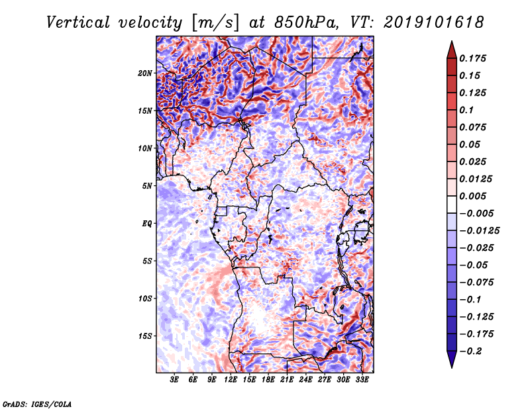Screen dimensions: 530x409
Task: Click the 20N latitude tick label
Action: pyautogui.click(x=145, y=73)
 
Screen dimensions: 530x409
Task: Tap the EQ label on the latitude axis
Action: pyautogui.click(x=146, y=224)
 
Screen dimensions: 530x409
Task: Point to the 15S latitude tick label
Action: pyautogui.click(x=145, y=336)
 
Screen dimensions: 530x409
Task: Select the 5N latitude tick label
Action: pyautogui.click(x=147, y=186)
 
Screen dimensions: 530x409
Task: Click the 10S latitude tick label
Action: pyautogui.click(x=145, y=299)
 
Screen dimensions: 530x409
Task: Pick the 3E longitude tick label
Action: pyautogui.click(x=174, y=380)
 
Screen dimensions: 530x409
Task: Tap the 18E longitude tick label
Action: pyautogui.click(x=268, y=380)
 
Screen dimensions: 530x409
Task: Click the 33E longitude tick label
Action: pyautogui.click(x=362, y=380)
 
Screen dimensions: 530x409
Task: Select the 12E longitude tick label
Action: pyautogui.click(x=231, y=380)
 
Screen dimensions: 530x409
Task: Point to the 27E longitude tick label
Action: pyautogui.click(x=325, y=380)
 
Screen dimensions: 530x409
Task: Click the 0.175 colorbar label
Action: pyautogui.click(x=472, y=58)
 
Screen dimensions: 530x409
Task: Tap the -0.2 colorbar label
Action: pyautogui.click(x=470, y=351)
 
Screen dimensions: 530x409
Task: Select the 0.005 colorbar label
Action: pyautogui.click(x=472, y=196)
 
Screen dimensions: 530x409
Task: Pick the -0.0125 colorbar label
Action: pyautogui.click(x=479, y=231)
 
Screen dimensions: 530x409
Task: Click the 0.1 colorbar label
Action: pyautogui.click(x=466, y=110)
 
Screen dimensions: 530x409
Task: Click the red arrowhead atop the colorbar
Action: pyautogui.click(x=452, y=51)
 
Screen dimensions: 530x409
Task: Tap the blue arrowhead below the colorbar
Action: pyautogui.click(x=452, y=358)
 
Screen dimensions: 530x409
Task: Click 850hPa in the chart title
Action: pyautogui.click(x=306, y=23)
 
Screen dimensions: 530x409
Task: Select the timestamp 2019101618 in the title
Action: pyautogui.click(x=434, y=23)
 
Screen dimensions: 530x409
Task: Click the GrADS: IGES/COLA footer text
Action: pyautogui.click(x=37, y=404)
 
